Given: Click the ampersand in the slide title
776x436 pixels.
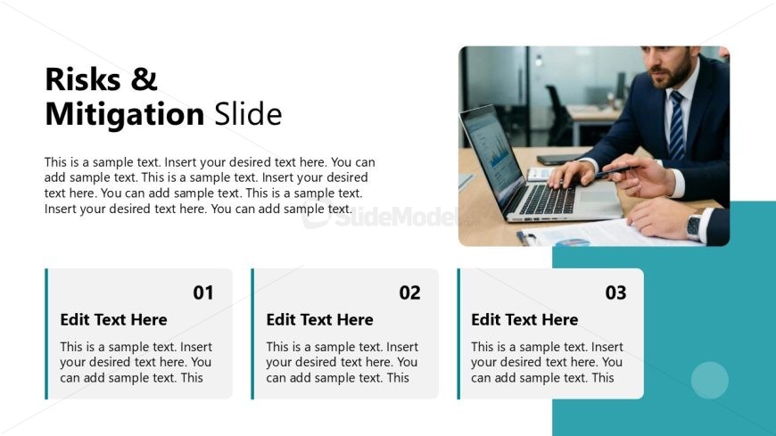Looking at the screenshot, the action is tap(144, 79).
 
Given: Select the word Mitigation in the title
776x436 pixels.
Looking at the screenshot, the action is tap(125, 115).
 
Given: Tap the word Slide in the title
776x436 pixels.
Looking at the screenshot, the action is tap(248, 114).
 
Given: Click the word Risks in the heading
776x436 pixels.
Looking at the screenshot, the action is tap(83, 79).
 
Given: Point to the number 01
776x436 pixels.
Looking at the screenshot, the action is tap(203, 292).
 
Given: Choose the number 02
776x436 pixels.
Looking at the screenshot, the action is tap(409, 292).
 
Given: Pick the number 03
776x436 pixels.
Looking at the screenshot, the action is tap(615, 292).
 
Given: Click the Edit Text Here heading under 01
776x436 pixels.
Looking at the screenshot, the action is tap(114, 320).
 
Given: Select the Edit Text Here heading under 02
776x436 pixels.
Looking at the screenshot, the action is tap(319, 320).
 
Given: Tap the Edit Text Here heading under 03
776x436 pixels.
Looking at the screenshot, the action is tap(524, 320).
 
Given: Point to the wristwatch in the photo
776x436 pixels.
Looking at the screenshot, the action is tap(694, 227).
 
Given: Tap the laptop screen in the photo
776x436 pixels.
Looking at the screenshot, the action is tap(491, 153).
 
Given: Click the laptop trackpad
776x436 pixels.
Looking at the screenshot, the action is tap(599, 196).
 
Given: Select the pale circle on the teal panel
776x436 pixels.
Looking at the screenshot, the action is tap(710, 380).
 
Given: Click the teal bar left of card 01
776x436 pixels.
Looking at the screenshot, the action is tap(46, 333).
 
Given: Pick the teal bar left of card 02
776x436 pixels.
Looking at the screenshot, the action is tap(252, 333).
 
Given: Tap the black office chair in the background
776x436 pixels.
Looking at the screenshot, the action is tap(559, 115).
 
